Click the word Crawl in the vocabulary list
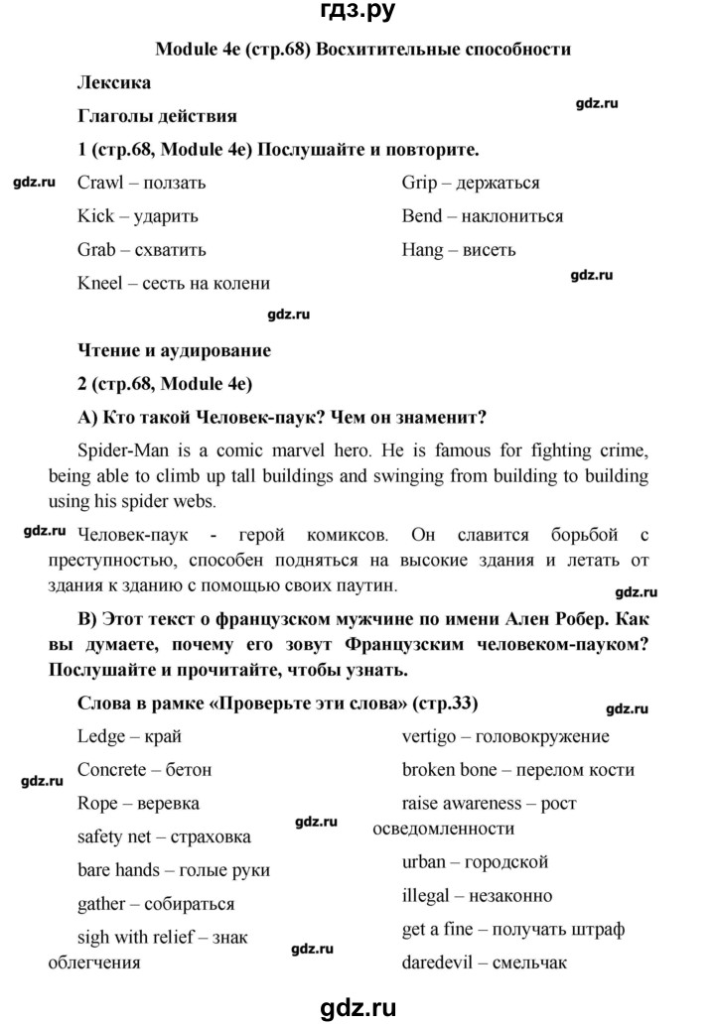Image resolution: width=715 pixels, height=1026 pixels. click(100, 183)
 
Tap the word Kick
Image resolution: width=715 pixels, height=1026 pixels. click(95, 215)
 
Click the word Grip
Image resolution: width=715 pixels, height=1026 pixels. click(420, 183)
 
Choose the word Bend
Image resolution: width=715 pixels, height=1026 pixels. click(422, 215)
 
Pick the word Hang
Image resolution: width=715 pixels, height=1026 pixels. click(423, 250)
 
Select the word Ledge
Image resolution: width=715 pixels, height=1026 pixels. click(100, 735)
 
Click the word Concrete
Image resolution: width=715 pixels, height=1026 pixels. click(114, 769)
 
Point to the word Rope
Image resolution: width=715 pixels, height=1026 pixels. click(97, 803)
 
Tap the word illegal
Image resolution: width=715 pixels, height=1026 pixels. click(425, 896)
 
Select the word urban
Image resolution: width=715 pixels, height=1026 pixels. click(425, 862)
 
